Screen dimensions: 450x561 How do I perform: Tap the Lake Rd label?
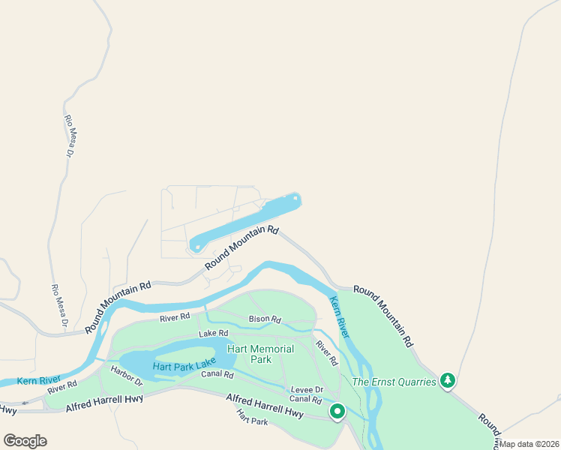[x=213, y=333]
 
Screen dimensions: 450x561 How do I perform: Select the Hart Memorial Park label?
[x=261, y=354]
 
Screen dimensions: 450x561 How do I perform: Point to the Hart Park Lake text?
[x=184, y=367]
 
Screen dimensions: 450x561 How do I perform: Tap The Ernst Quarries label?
[x=394, y=382]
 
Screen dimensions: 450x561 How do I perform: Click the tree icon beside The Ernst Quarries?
[x=448, y=381]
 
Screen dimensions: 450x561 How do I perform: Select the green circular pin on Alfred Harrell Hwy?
[x=337, y=411]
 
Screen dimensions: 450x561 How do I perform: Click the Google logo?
[x=25, y=441]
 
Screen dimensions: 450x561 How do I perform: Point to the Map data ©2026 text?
[x=529, y=444]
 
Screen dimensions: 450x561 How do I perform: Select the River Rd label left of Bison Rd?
[x=175, y=318]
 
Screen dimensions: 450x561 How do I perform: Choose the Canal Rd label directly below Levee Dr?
[x=305, y=399]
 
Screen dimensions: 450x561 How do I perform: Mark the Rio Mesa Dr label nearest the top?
[x=70, y=136]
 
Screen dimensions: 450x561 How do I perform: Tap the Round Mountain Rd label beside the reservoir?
[x=241, y=248]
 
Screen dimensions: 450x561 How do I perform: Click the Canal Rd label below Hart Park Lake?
[x=217, y=374]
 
